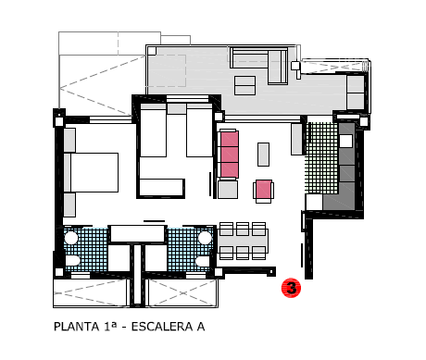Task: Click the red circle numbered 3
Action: click(291, 288)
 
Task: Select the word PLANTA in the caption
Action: click(76, 327)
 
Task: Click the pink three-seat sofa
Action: click(230, 155)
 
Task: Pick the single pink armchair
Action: click(263, 191)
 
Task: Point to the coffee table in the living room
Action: click(263, 155)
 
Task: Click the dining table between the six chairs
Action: click(243, 237)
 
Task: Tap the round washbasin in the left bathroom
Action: click(71, 238)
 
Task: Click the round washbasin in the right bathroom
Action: click(205, 238)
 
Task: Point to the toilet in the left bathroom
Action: click(72, 261)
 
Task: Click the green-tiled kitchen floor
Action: click(321, 158)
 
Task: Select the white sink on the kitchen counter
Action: click(345, 141)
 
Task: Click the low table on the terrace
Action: click(244, 85)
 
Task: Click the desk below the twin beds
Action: click(161, 187)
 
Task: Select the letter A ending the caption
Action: click(201, 327)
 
